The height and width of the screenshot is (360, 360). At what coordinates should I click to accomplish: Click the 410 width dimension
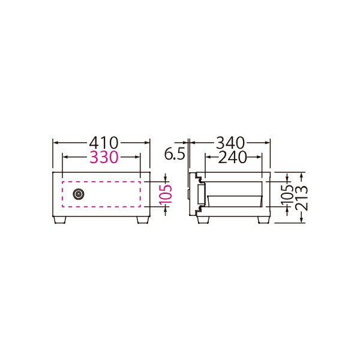tap(104, 143)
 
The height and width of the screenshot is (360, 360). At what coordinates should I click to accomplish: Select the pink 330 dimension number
tap(104, 157)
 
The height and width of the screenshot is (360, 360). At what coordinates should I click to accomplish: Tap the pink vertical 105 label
tap(166, 194)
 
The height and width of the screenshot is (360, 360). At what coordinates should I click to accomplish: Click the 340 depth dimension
tap(230, 143)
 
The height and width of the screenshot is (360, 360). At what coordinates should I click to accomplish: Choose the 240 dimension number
tap(232, 157)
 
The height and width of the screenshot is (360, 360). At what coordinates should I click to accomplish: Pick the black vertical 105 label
tap(287, 194)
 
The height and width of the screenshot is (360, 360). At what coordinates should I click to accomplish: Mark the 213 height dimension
tap(301, 198)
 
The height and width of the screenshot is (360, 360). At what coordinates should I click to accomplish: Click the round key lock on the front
tap(78, 194)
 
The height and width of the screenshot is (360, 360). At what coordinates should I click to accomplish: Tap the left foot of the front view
tap(59, 220)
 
